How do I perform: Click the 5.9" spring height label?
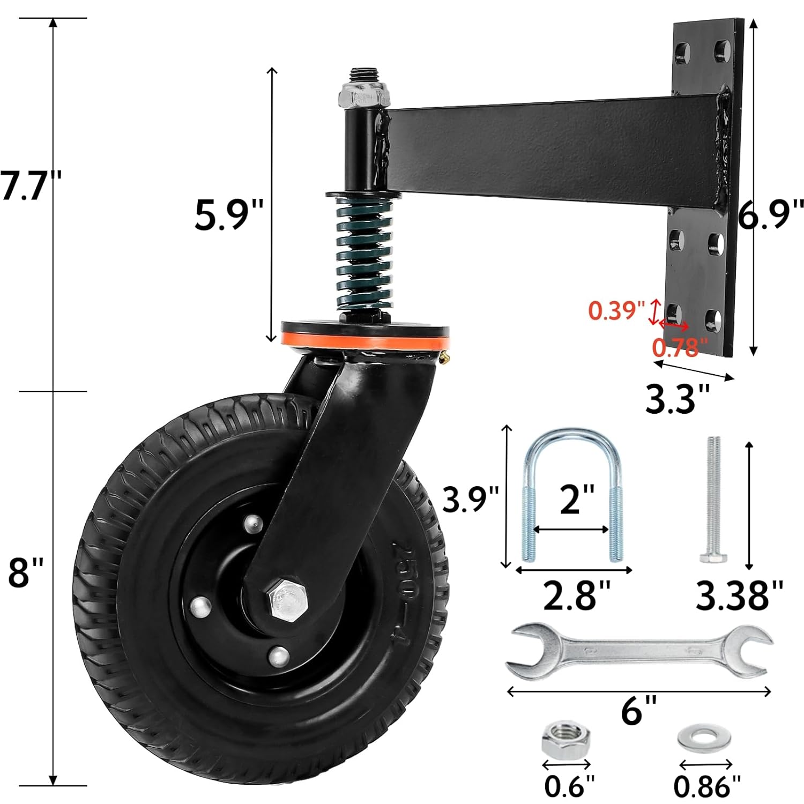tap(229, 215)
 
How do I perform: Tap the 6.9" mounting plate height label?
tap(771, 214)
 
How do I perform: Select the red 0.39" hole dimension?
tap(616, 310)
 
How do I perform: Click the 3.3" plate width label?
tap(678, 399)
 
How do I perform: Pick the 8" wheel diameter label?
tap(26, 572)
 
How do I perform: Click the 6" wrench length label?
tap(638, 711)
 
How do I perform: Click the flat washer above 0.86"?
tap(704, 740)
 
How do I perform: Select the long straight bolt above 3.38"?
tap(714, 498)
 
